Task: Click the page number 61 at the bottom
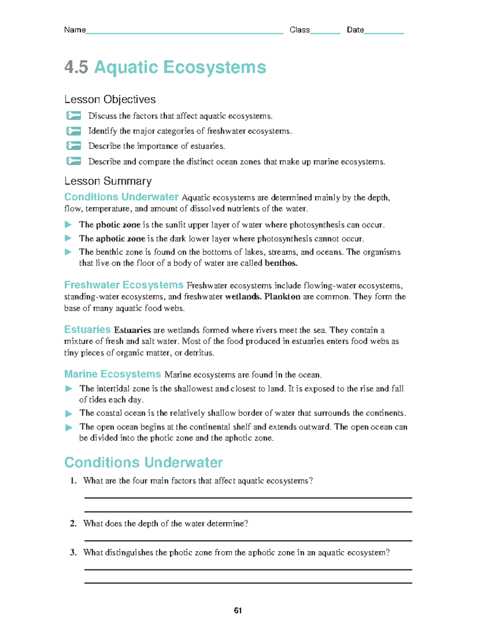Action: pyautogui.click(x=238, y=610)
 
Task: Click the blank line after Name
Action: pyautogui.click(x=184, y=33)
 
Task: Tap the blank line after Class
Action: pyautogui.click(x=325, y=33)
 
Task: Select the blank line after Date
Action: pyautogui.click(x=384, y=33)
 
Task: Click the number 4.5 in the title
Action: pyautogui.click(x=76, y=67)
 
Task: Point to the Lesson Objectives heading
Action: pyautogui.click(x=110, y=99)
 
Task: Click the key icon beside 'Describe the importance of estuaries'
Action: pyautogui.click(x=74, y=146)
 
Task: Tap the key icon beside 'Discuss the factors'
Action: pyautogui.click(x=74, y=116)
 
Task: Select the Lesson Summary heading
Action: pyautogui.click(x=108, y=181)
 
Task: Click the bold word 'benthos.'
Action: pyautogui.click(x=281, y=263)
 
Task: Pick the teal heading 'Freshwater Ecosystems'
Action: pyautogui.click(x=124, y=285)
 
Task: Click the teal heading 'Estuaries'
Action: pyautogui.click(x=87, y=330)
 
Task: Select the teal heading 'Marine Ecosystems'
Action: pyautogui.click(x=112, y=374)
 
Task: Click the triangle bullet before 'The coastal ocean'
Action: pyautogui.click(x=69, y=414)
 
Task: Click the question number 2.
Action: pyautogui.click(x=73, y=523)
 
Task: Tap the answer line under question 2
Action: pyautogui.click(x=248, y=540)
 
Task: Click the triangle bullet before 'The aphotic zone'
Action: pyautogui.click(x=68, y=238)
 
